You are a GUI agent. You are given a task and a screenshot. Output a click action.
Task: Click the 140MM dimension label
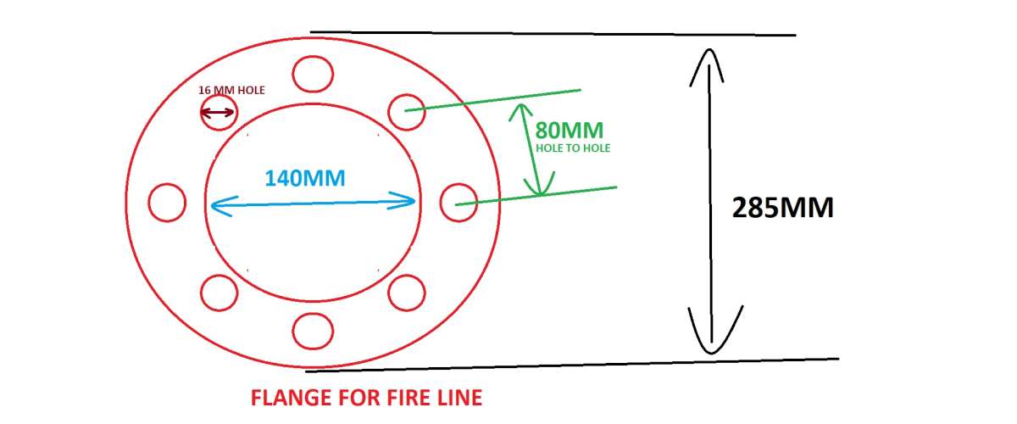[x=305, y=178]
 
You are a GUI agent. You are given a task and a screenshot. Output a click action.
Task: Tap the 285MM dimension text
[x=782, y=208]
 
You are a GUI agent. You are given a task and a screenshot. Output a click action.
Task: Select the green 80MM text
[x=570, y=131]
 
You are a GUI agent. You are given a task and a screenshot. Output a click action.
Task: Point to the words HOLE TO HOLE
[x=573, y=148]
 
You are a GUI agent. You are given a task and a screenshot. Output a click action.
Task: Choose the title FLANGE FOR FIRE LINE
[x=366, y=398]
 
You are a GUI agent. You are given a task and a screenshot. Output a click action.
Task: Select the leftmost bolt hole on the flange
[x=166, y=203]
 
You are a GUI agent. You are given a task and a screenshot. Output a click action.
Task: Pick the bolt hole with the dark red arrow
[x=219, y=113]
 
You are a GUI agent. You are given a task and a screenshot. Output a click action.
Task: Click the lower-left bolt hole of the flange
[x=219, y=293]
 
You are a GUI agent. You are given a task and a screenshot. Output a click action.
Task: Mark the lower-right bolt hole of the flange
[x=405, y=293]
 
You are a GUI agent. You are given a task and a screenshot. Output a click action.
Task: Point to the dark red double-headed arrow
[x=219, y=113]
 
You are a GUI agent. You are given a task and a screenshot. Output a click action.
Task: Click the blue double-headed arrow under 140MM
[x=311, y=202]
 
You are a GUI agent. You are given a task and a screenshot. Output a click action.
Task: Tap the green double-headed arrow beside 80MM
[x=530, y=149]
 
